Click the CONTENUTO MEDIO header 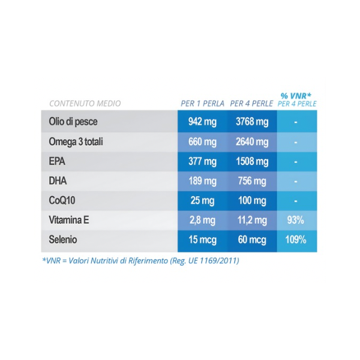[85, 103]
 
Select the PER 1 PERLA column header [202, 103]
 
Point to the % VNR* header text [296, 95]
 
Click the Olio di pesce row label [73, 122]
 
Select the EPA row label [57, 161]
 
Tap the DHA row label [58, 181]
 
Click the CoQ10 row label [61, 200]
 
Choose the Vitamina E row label [69, 220]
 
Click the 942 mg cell [202, 122]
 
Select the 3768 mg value [252, 122]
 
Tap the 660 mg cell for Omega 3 [202, 142]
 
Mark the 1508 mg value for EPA [252, 161]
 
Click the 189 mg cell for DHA [202, 181]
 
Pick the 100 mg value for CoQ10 [252, 200]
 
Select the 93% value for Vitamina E [296, 220]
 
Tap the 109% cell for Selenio [296, 240]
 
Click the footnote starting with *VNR [140, 261]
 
